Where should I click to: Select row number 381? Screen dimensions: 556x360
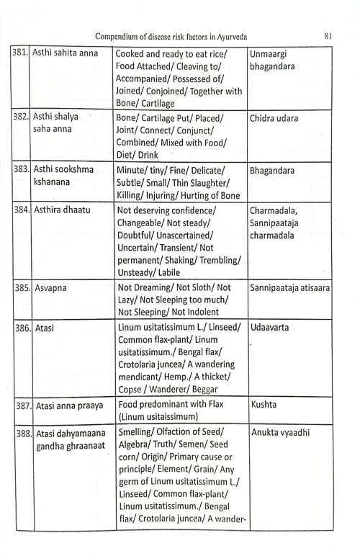click(19, 54)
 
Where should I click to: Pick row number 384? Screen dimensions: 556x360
click(19, 211)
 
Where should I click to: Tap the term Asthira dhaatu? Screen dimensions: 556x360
click(66, 211)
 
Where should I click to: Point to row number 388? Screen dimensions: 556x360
click(19, 450)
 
